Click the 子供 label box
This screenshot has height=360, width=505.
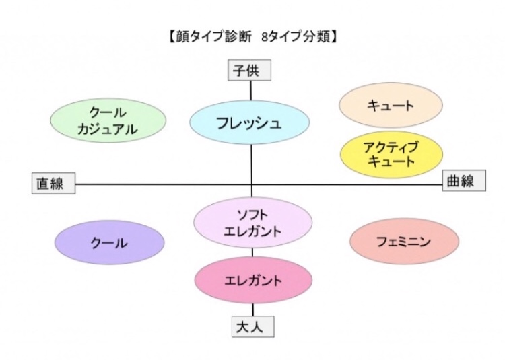(x=250, y=70)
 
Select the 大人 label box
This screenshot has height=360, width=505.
(x=253, y=326)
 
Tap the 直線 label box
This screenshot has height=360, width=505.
(x=53, y=183)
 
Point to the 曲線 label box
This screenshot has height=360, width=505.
(x=464, y=180)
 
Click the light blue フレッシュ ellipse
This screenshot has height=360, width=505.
(x=250, y=122)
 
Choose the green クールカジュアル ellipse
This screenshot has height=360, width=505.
(x=108, y=120)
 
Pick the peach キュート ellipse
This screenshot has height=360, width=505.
(x=391, y=105)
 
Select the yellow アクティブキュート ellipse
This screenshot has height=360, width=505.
(x=392, y=154)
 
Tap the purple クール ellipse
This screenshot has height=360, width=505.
(x=110, y=242)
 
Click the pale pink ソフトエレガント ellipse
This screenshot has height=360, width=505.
(x=252, y=223)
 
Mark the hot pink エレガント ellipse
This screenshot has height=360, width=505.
(x=253, y=280)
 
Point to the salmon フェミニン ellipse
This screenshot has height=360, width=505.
(x=404, y=241)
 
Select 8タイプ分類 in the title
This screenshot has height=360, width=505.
(x=296, y=37)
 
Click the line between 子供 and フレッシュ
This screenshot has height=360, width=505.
(x=251, y=91)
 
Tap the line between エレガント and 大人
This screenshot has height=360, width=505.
(x=252, y=310)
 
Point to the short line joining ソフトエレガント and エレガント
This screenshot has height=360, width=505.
(x=252, y=252)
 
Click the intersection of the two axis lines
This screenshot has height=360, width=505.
(x=252, y=184)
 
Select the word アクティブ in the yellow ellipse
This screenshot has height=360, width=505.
(x=391, y=147)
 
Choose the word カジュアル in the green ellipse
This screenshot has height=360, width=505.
(x=107, y=129)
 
